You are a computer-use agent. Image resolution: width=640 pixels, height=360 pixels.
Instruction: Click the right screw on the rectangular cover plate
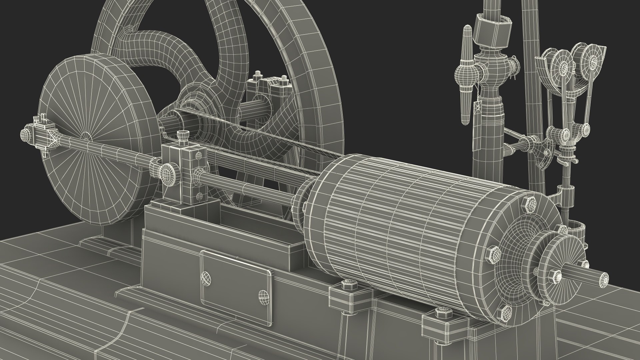(x=263, y=295)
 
